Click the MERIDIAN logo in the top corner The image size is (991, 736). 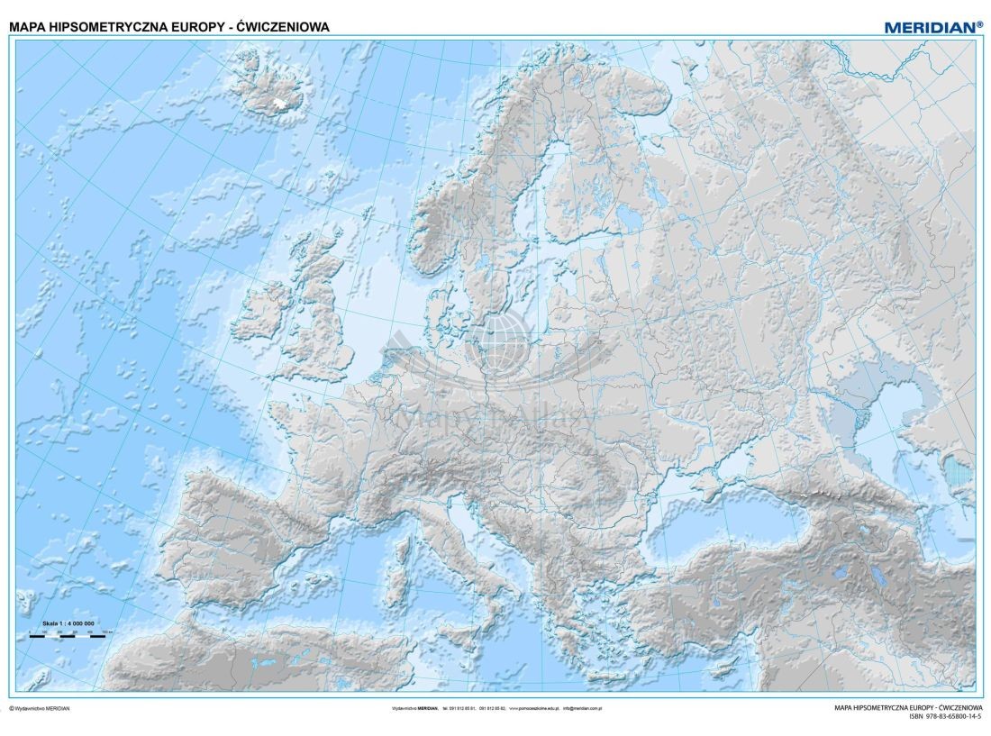click(933, 27)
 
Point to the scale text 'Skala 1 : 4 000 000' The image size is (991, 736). click(68, 623)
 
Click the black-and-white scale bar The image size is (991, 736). click(68, 634)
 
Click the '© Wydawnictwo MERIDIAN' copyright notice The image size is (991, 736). click(40, 708)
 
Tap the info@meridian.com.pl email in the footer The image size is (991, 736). click(582, 708)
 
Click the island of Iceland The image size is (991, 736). click(269, 81)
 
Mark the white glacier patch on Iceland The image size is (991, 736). click(286, 102)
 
